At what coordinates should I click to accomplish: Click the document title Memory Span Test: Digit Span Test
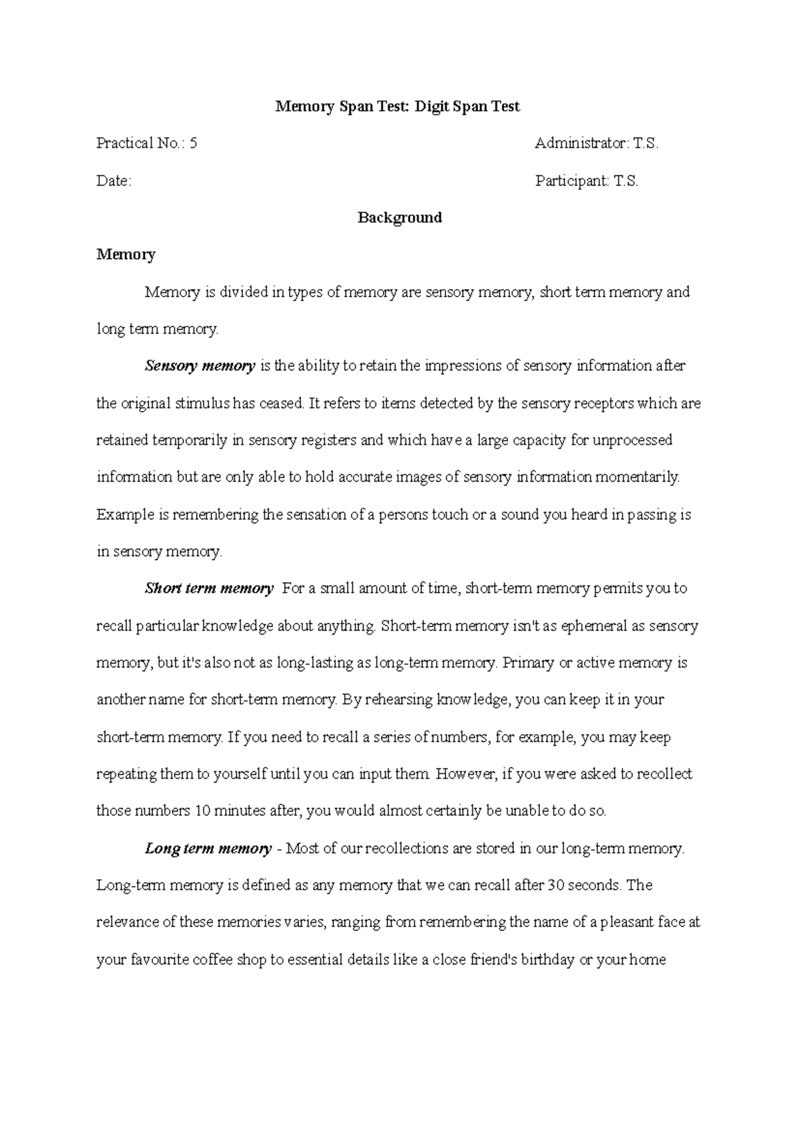[x=398, y=107]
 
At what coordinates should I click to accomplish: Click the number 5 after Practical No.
[x=193, y=143]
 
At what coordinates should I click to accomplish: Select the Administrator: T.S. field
[x=597, y=143]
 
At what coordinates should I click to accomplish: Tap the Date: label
[x=114, y=181]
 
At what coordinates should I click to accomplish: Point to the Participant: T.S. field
[x=587, y=181]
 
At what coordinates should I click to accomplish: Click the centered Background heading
[x=400, y=218]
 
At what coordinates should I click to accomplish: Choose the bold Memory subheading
[x=126, y=254]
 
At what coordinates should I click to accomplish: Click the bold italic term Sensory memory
[x=200, y=366]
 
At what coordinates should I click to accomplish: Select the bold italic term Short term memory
[x=209, y=589]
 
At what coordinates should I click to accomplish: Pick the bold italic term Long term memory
[x=208, y=849]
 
